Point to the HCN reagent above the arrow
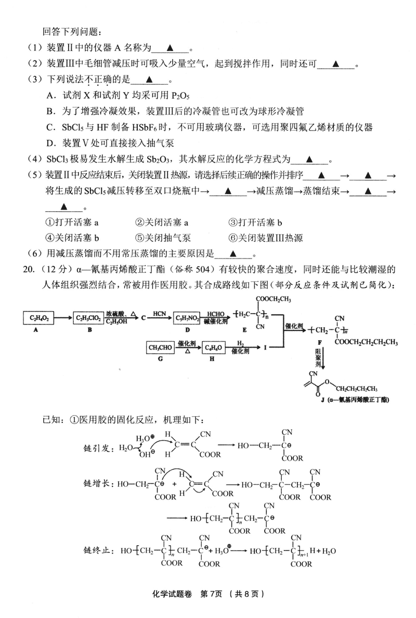159,313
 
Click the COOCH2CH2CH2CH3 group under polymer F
366,342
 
